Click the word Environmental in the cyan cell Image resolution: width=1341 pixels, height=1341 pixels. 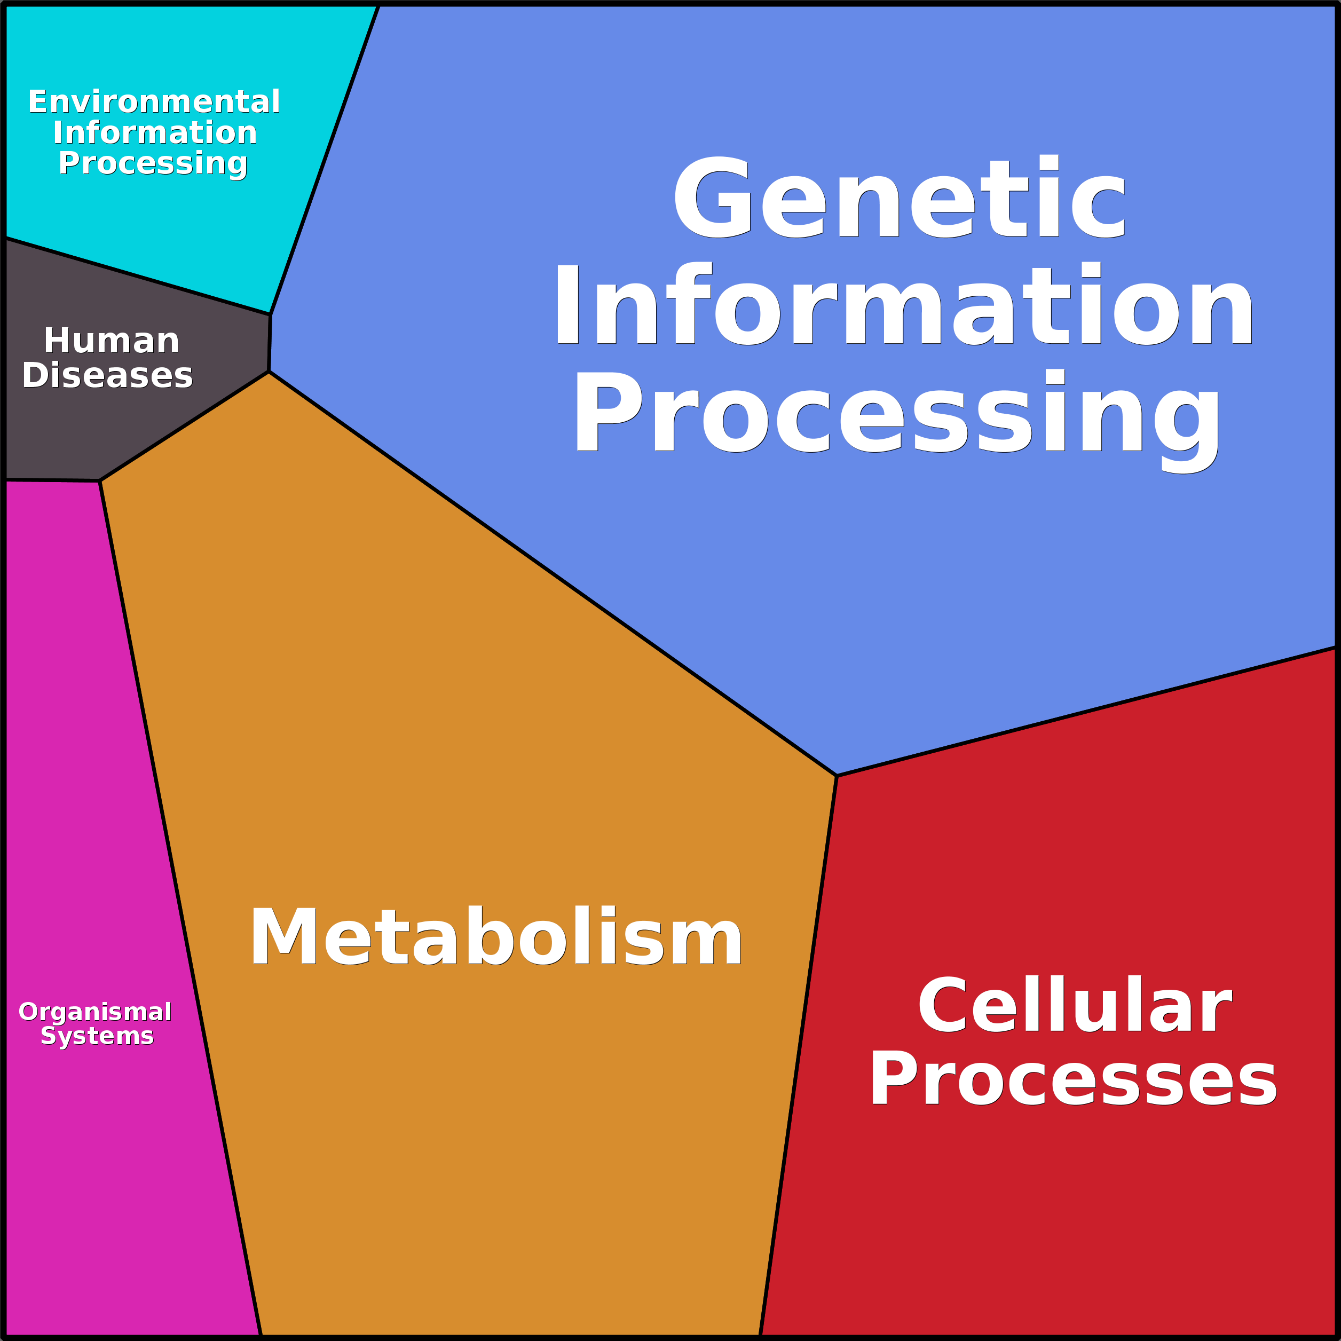pyautogui.click(x=154, y=102)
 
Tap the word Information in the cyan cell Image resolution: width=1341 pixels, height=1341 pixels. pyautogui.click(x=155, y=132)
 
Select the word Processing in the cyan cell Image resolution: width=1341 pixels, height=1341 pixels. pyautogui.click(x=153, y=163)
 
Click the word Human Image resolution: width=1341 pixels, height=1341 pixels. pyautogui.click(x=112, y=341)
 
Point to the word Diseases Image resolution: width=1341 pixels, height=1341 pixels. pyautogui.click(x=108, y=375)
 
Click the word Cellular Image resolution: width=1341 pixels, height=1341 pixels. pyautogui.click(x=1075, y=1006)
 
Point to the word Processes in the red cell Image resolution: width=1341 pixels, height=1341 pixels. pyautogui.click(x=1073, y=1079)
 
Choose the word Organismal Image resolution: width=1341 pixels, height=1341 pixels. pyautogui.click(x=95, y=1012)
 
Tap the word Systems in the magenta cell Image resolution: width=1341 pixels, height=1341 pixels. pyautogui.click(x=97, y=1036)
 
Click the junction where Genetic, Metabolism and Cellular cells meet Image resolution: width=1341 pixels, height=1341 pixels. pyautogui.click(x=837, y=775)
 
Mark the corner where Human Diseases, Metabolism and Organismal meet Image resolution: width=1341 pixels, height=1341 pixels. pyautogui.click(x=100, y=481)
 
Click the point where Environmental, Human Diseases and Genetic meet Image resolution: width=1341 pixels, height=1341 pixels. pyautogui.click(x=271, y=314)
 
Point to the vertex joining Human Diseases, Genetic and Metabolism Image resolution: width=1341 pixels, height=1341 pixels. pyautogui.click(x=269, y=372)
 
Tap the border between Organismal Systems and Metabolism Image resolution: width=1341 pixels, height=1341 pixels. pyautogui.click(x=180, y=902)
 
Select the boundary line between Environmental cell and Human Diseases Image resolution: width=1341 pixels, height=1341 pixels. pyautogui.click(x=139, y=276)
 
